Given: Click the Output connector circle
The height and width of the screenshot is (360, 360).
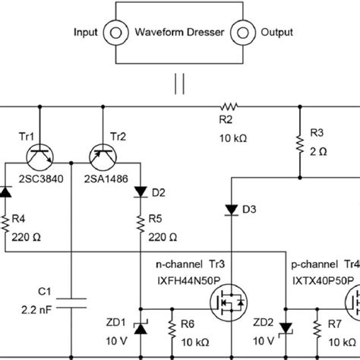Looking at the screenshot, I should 244,33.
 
